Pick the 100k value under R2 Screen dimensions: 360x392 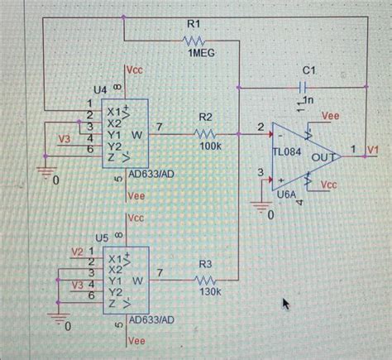[x=210, y=146]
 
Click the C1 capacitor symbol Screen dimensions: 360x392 [x=304, y=86]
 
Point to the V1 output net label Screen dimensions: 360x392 [x=373, y=149]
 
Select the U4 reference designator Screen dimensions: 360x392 [x=99, y=89]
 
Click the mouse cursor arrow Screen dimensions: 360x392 [x=286, y=305]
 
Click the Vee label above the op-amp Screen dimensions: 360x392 [x=330, y=118]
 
